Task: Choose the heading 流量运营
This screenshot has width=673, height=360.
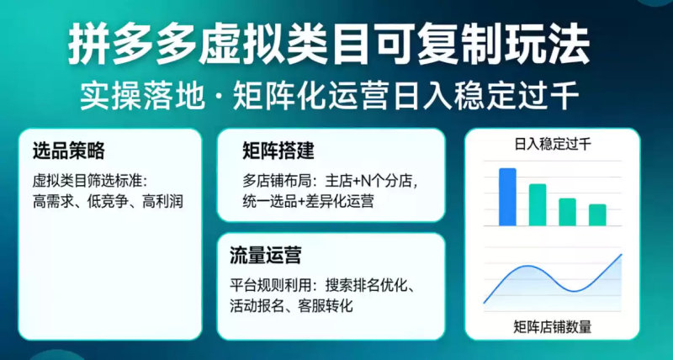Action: pos(266,254)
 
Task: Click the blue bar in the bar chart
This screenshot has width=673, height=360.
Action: pos(507,197)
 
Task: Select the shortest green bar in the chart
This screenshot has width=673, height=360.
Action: pos(597,214)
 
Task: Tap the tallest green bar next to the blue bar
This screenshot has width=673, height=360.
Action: pos(538,204)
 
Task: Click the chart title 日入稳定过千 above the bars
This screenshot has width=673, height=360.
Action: pos(552,145)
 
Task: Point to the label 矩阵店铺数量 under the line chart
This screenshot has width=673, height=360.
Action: pos(552,327)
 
